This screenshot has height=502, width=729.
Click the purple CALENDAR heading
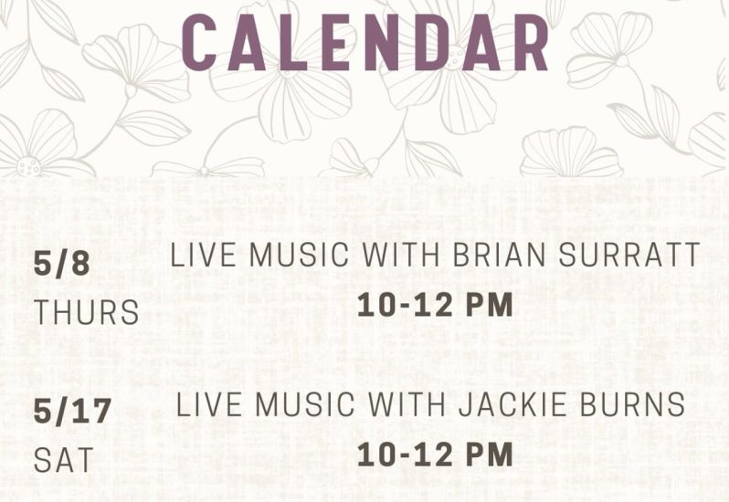pos(365,42)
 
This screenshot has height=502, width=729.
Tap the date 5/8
pos(62,264)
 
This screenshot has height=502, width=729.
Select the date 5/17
pos(72,412)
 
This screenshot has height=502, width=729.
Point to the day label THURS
pos(87,312)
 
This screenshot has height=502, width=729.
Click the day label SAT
pos(64,460)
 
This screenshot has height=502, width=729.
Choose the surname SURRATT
pos(629,254)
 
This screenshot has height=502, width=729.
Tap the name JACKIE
pos(512,404)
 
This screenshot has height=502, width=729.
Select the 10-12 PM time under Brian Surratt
pos(435,305)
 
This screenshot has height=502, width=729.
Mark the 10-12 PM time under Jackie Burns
pos(435,455)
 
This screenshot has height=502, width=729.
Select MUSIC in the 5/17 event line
pos(305,404)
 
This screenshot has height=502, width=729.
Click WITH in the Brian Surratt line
pos(401,254)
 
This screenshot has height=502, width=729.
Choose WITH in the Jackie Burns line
pos(407,404)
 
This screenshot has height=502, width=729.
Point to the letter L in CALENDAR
pos(293,42)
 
